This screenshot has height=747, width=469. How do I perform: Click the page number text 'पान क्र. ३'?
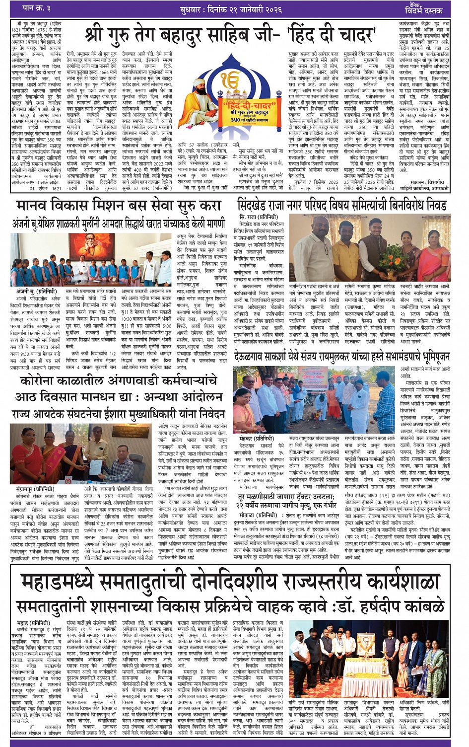pyautogui.click(x=37, y=8)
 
